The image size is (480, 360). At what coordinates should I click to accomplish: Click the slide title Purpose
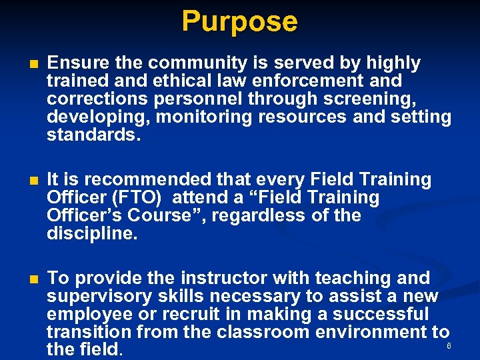pos(239,21)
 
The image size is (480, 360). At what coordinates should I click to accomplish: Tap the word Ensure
pos(74,63)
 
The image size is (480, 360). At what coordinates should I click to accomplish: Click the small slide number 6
pos(449,346)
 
